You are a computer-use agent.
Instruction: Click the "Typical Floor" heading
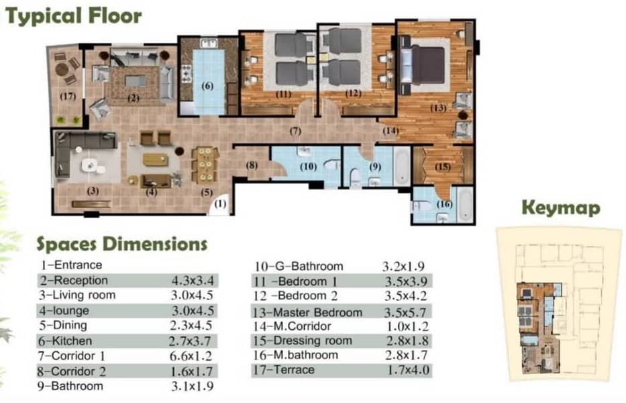(x=74, y=16)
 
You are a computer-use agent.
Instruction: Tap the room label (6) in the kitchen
(x=207, y=85)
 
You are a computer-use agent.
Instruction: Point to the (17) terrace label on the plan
(x=68, y=96)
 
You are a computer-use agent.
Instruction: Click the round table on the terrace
(x=62, y=70)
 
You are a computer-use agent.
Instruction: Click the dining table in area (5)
(x=205, y=165)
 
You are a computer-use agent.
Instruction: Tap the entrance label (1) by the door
(x=220, y=204)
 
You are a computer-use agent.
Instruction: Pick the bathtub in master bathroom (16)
(x=465, y=205)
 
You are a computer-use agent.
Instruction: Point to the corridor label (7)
(x=295, y=131)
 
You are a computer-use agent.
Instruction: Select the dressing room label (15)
(x=443, y=167)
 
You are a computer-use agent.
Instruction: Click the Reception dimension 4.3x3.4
(x=193, y=280)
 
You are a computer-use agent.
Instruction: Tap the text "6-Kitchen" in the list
(x=65, y=341)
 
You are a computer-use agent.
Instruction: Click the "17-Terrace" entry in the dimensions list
(x=283, y=370)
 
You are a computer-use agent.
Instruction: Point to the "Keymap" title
(x=561, y=208)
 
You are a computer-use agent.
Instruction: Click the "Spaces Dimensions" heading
(x=122, y=244)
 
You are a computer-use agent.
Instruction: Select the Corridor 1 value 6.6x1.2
(x=191, y=356)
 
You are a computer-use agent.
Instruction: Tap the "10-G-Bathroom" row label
(x=299, y=266)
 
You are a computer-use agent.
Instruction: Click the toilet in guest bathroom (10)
(x=331, y=165)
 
